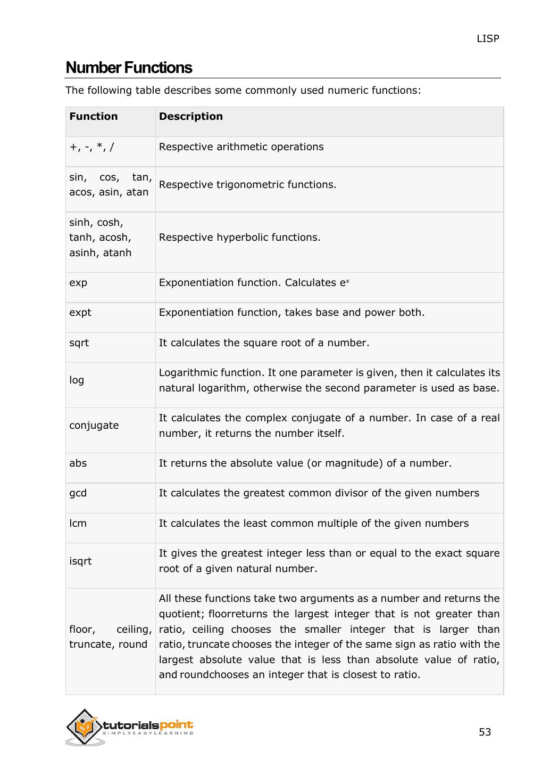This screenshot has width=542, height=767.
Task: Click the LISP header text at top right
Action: (x=488, y=38)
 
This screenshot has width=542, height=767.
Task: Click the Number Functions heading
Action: (x=129, y=68)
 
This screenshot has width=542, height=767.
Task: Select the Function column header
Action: (x=94, y=116)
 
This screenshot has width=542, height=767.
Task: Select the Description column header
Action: (x=191, y=116)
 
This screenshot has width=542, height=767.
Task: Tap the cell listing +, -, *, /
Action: (x=91, y=147)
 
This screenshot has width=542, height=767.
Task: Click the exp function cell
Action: (x=78, y=283)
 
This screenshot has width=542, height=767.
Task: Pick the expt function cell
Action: (x=80, y=313)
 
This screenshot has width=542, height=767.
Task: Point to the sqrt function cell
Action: (x=79, y=343)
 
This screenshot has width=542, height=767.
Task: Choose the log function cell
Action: (x=77, y=380)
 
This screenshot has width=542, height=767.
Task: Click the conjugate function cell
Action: (x=94, y=426)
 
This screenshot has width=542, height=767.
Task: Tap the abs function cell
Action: (x=78, y=463)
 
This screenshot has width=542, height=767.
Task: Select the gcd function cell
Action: (x=78, y=493)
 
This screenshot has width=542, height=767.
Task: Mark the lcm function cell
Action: (x=78, y=524)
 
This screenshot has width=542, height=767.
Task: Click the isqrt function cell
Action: (x=80, y=561)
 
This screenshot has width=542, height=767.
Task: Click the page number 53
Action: (x=485, y=732)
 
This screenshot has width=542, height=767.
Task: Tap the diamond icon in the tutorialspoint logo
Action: (x=84, y=727)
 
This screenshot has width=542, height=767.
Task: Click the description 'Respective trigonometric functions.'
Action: (x=247, y=185)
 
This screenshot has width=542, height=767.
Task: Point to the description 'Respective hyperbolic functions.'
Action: (x=239, y=238)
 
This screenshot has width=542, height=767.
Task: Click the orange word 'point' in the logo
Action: (x=176, y=725)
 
